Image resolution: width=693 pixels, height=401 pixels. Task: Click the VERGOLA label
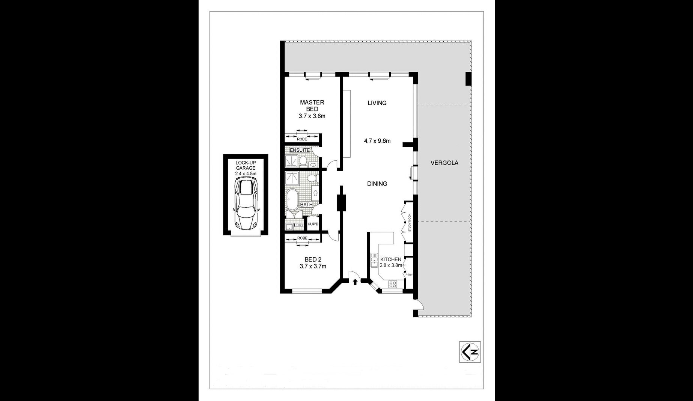pos(444,163)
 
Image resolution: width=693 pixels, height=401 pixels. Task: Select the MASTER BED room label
pos(312,106)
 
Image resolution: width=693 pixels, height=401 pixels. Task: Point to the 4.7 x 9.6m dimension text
pos(377,141)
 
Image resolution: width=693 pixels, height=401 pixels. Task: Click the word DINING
pos(377,184)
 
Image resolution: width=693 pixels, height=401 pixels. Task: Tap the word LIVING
pos(377,103)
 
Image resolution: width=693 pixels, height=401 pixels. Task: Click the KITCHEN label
pos(391,259)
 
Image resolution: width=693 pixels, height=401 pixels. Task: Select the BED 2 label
pos(313,259)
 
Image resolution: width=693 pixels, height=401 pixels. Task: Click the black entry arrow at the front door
pos(355,282)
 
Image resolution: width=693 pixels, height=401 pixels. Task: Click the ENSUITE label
pos(300,150)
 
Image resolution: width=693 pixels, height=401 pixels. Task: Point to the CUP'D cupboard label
pos(313,225)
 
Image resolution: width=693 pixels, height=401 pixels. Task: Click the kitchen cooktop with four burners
pos(393,284)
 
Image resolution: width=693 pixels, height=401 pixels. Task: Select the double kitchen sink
pos(374,260)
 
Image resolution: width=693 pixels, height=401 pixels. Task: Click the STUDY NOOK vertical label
pos(410,222)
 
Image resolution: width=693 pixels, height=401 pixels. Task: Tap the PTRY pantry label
pos(409,275)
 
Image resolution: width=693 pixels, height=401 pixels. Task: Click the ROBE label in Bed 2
pos(302,238)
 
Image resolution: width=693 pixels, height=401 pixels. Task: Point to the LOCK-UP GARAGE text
pos(246,165)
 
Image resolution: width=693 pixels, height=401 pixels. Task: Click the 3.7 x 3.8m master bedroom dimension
pos(312,116)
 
